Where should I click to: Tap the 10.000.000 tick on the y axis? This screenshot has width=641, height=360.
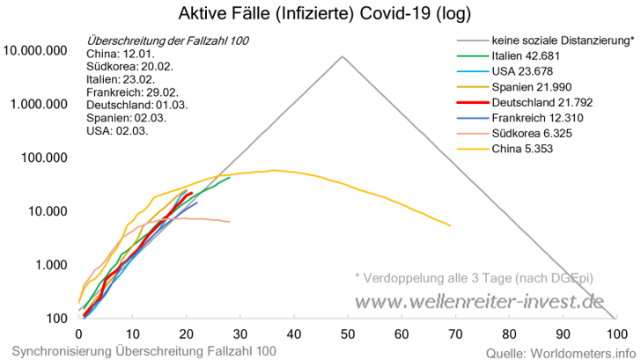[36, 50]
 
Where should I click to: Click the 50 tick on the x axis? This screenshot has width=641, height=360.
[348, 334]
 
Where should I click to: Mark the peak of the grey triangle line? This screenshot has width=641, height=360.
[343, 56]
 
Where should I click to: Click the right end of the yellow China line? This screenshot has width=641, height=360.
[450, 226]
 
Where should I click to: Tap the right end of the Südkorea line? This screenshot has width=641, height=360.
[230, 222]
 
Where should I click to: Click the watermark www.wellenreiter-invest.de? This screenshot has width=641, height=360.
[479, 302]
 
